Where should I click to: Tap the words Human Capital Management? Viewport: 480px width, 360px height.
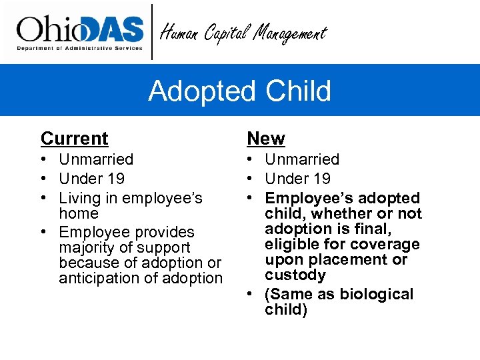click(x=244, y=33)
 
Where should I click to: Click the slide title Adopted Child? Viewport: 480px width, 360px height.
click(x=239, y=91)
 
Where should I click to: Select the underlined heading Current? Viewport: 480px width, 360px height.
click(x=74, y=139)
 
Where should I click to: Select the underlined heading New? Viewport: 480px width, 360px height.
click(x=265, y=139)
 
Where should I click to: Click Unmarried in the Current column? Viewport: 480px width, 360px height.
click(x=96, y=159)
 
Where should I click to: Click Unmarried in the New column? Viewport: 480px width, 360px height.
click(x=302, y=159)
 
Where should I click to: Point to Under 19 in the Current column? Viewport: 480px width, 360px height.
click(x=91, y=179)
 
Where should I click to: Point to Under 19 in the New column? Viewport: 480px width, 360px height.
click(x=297, y=179)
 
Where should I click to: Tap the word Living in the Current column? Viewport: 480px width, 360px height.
click(x=77, y=198)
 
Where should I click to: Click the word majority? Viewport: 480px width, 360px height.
click(x=87, y=248)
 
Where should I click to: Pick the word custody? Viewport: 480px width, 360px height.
click(x=295, y=275)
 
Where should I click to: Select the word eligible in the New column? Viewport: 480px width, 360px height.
click(x=291, y=245)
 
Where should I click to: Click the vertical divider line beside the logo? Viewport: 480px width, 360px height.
click(x=152, y=32)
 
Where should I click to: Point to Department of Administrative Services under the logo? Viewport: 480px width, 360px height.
click(x=79, y=49)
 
